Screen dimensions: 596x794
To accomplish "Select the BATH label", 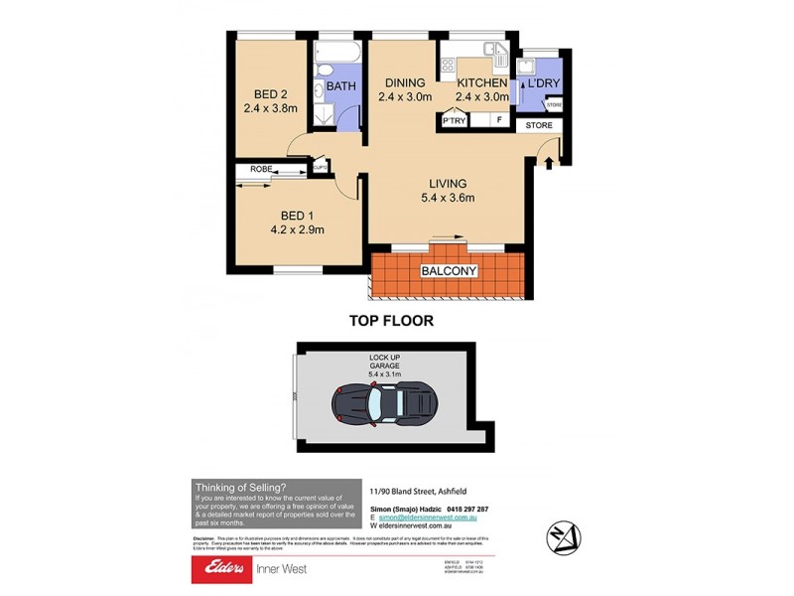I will pos(341,87).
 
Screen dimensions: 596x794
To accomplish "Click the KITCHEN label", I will pos(481,83).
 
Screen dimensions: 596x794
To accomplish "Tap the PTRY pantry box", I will pos(456,122).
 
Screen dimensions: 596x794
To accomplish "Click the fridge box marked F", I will pos(499,122).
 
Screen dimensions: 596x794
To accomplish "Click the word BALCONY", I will pos(450,271).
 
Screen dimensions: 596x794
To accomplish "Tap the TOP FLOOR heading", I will pos(390,321).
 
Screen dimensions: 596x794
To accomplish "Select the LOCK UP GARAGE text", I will pos(384,364).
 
